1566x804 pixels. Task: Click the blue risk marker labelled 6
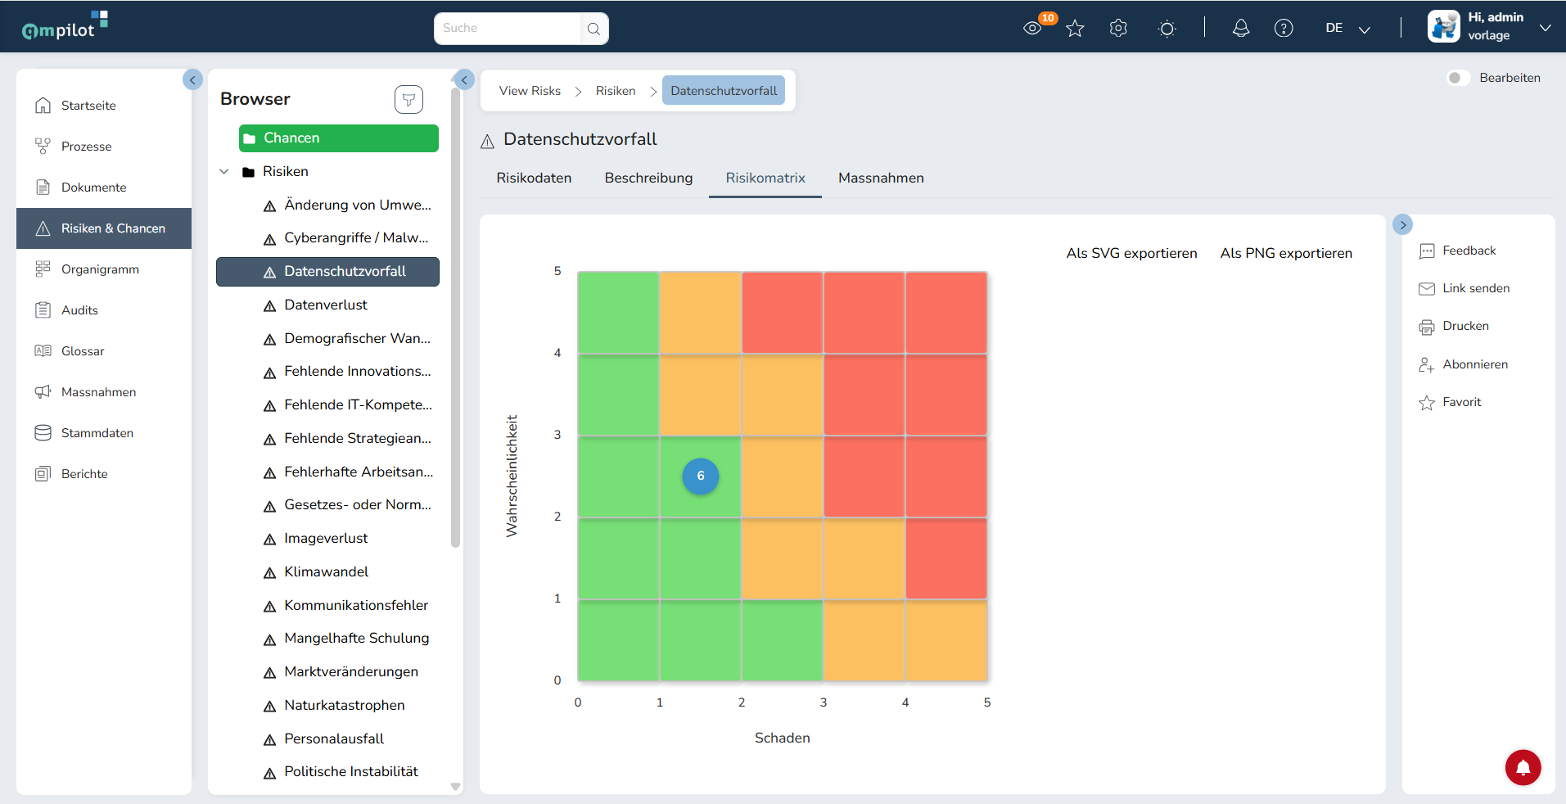701,476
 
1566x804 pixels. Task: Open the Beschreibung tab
648,178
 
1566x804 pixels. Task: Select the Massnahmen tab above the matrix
881,178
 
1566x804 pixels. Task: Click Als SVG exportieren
1131,253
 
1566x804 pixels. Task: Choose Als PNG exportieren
1286,253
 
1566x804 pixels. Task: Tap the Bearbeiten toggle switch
1458,78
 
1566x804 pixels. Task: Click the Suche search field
508,28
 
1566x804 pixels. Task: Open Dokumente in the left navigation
93,187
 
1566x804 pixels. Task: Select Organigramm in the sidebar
100,269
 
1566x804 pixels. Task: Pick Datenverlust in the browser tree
326,305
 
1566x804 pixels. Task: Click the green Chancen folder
339,138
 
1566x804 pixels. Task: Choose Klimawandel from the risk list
326,571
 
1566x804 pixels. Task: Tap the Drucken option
1465,326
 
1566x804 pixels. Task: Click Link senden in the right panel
1476,288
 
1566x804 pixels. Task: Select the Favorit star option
1461,402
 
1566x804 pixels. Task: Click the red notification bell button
1523,767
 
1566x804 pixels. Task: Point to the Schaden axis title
783,738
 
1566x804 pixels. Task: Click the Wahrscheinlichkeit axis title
512,476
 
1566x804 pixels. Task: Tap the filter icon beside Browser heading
408,100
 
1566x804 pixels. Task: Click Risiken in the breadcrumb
616,91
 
